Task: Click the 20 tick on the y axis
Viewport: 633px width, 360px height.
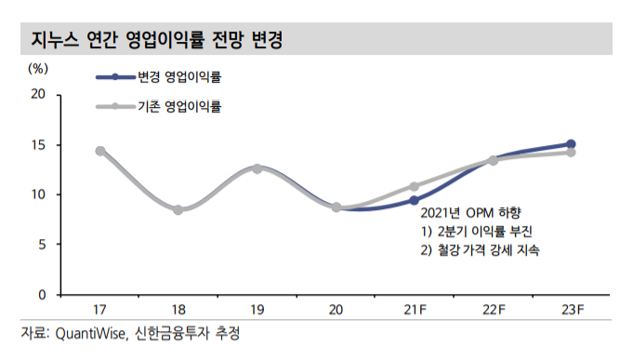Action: point(39,94)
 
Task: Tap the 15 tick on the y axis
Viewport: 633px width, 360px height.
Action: point(39,144)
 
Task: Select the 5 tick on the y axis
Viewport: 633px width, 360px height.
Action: point(42,245)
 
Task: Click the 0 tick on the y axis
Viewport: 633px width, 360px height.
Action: point(42,295)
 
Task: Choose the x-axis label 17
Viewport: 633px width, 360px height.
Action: point(99,310)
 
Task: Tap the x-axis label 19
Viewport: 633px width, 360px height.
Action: point(257,310)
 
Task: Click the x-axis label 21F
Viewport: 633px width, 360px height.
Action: point(415,310)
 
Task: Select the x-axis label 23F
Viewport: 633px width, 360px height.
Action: point(572,310)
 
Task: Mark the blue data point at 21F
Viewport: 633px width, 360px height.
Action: point(415,200)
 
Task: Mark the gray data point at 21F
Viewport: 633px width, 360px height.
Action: point(415,186)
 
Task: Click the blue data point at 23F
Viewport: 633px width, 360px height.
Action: point(572,144)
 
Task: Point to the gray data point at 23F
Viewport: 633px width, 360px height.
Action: point(572,153)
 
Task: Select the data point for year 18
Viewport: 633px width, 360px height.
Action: point(178,210)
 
